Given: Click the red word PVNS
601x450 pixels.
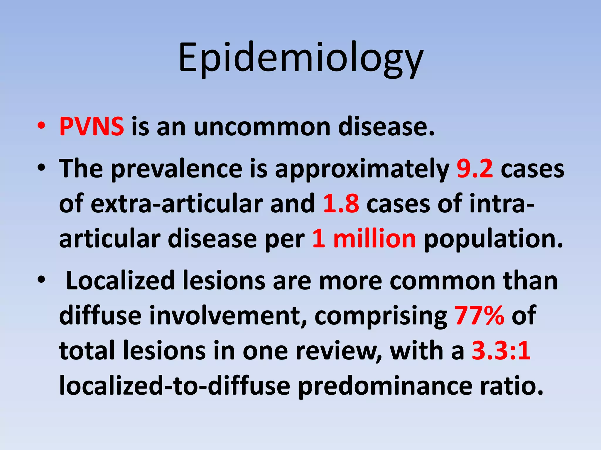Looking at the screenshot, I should point(92,127).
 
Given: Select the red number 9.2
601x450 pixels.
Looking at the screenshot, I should point(475,169).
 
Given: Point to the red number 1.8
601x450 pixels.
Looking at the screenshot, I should point(341,204).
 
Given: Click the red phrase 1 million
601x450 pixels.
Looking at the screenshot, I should point(364,239).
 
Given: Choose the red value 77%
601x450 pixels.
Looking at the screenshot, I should point(479,316).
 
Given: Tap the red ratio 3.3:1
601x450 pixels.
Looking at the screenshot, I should point(501,351).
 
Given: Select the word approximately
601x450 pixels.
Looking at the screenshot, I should point(362,170).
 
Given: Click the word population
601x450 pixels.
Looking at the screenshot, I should point(493,240).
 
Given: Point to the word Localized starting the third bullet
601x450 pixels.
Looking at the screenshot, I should point(120,281).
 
